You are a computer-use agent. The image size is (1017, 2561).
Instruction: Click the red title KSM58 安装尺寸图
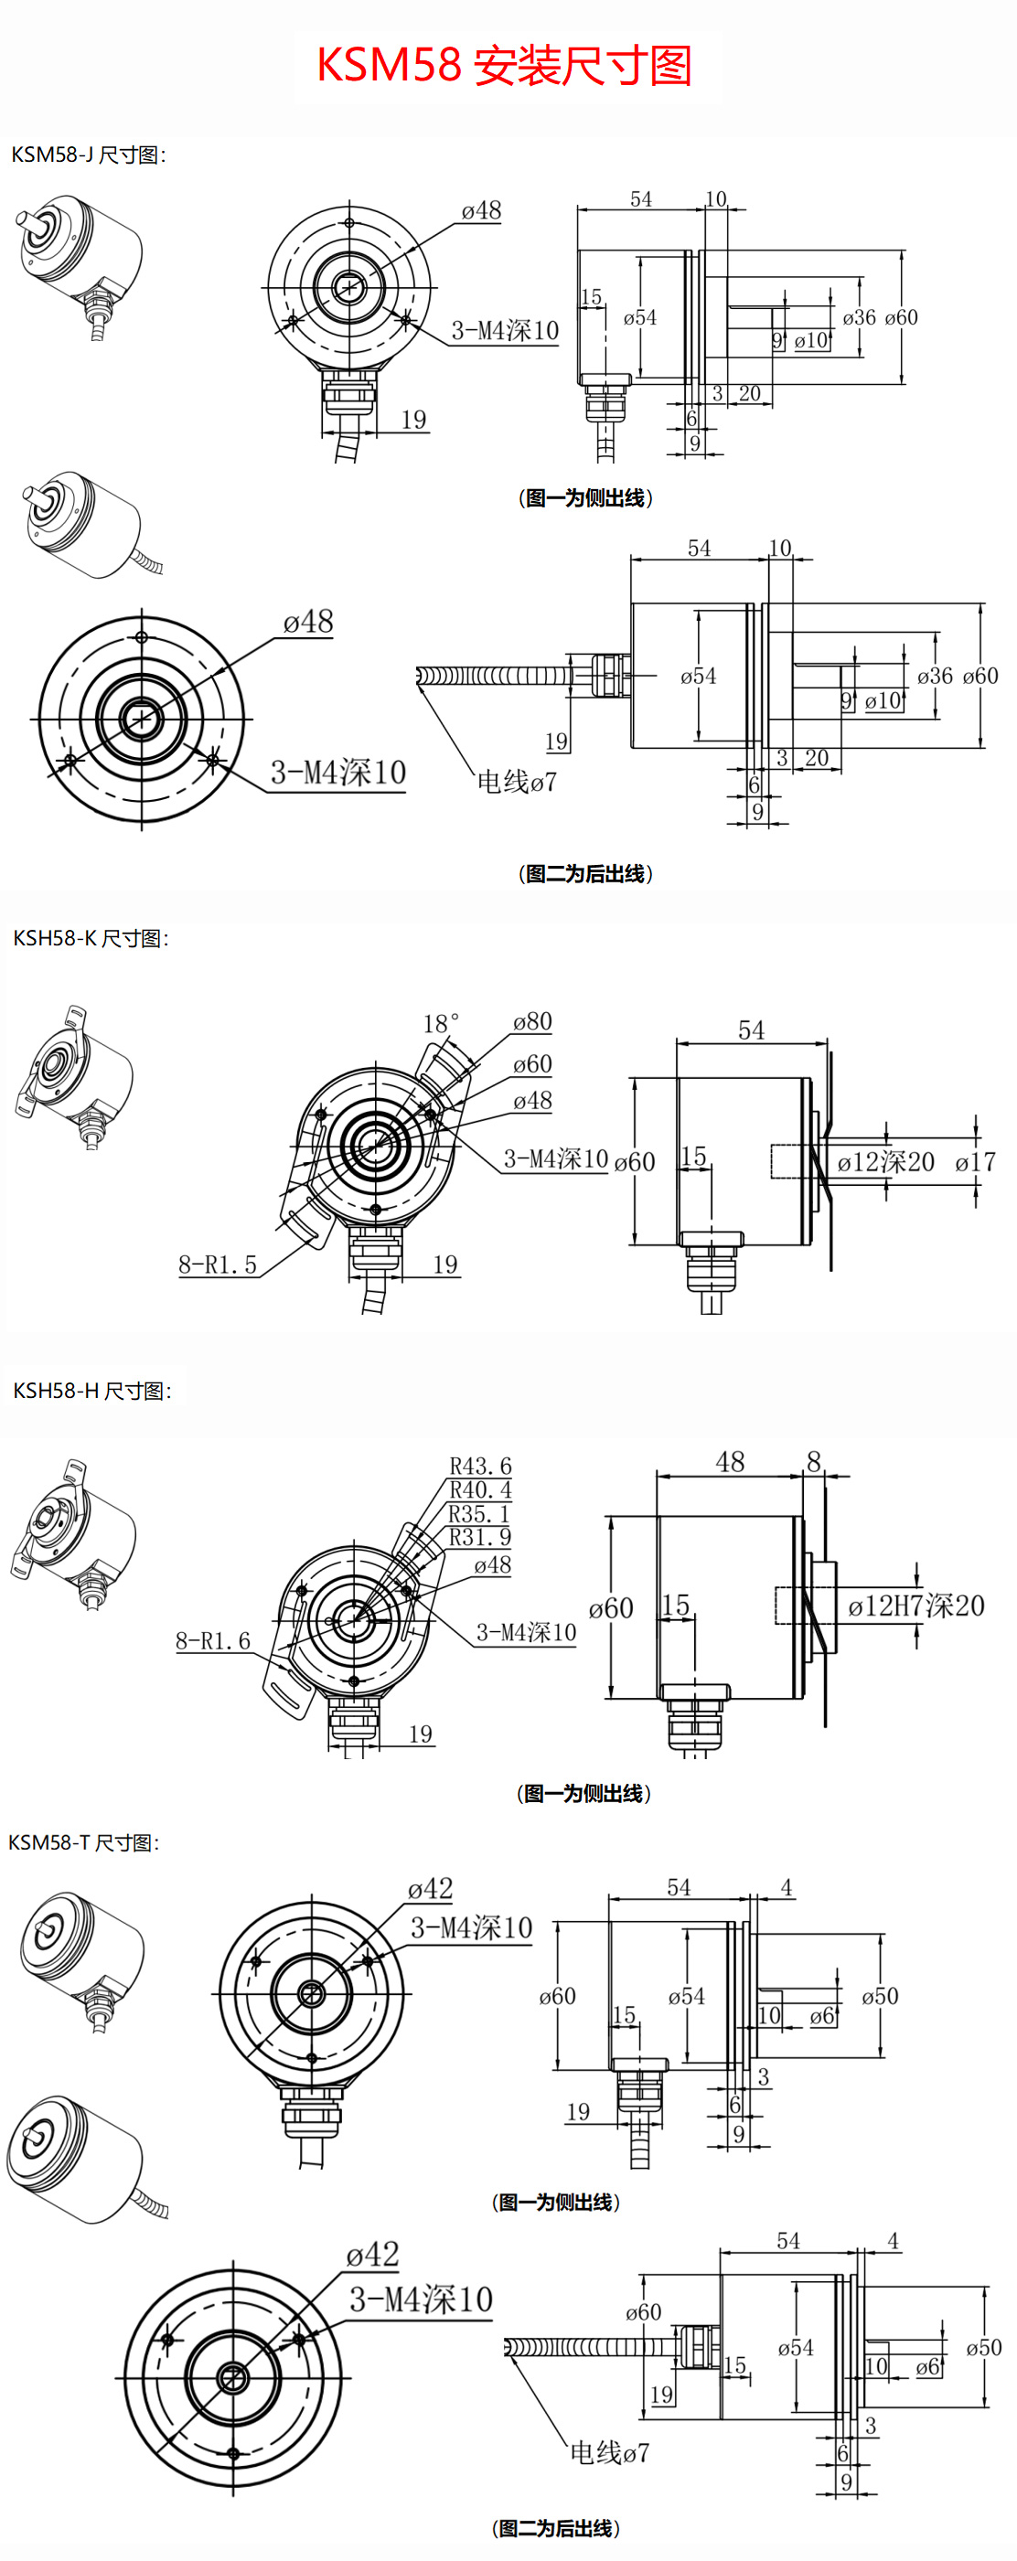click(x=504, y=66)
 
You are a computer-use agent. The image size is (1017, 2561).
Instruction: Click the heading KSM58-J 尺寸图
click(x=88, y=155)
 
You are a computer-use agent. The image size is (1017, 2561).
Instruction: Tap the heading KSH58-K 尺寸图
click(x=91, y=938)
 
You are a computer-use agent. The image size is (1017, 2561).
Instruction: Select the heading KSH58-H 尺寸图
click(x=91, y=1391)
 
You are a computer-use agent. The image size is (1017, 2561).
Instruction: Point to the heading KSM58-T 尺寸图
click(x=83, y=1842)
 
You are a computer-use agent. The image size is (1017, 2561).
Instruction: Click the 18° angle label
click(x=441, y=1024)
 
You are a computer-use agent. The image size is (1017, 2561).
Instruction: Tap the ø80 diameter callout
click(x=532, y=1022)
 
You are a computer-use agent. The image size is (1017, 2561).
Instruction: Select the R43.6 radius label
click(x=480, y=1467)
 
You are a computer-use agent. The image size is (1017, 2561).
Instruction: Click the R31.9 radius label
click(x=479, y=1537)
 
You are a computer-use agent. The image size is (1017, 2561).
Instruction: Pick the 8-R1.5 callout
click(x=217, y=1264)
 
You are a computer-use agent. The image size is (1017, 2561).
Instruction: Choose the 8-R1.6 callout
click(x=213, y=1640)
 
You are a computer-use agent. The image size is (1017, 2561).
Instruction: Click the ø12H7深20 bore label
click(x=915, y=1606)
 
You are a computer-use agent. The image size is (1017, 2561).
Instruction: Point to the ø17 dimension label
click(x=974, y=1161)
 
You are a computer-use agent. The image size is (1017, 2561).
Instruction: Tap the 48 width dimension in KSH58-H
click(x=730, y=1461)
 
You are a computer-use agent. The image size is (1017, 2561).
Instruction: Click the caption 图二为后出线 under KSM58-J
click(x=585, y=874)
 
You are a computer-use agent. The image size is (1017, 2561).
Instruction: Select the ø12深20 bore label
click(x=884, y=1161)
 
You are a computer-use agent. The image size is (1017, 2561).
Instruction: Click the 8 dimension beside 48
click(x=814, y=1461)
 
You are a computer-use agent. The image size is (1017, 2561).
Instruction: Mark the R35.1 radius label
click(x=478, y=1514)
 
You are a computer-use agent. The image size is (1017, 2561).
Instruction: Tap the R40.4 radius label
click(x=480, y=1490)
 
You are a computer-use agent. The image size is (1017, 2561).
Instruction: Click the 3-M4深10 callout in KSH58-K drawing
click(x=555, y=1158)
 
